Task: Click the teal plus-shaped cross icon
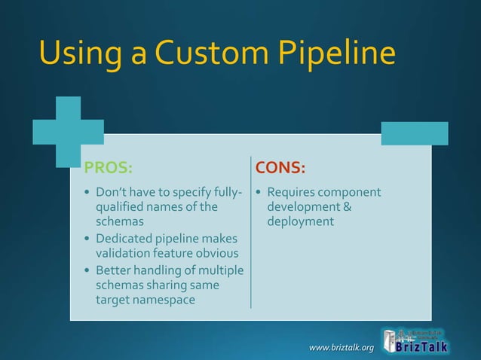pyautogui.click(x=68, y=132)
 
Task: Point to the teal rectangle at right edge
pyautogui.click(x=414, y=133)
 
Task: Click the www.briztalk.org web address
pyautogui.click(x=342, y=347)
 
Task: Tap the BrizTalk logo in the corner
pyautogui.click(x=415, y=340)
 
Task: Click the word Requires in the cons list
pyautogui.click(x=291, y=192)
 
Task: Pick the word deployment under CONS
pyautogui.click(x=300, y=221)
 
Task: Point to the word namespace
pyautogui.click(x=161, y=300)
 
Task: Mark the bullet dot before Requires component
pyautogui.click(x=259, y=193)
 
